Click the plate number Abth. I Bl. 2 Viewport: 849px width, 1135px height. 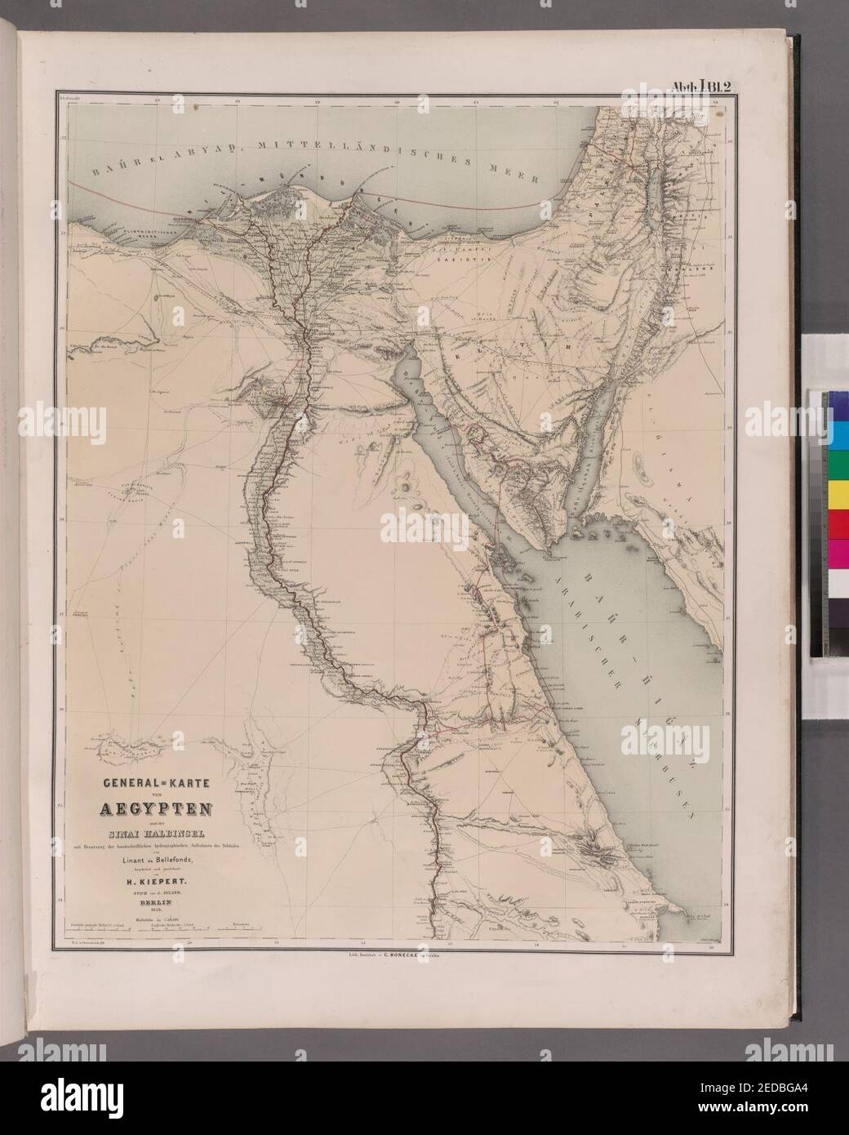tap(705, 85)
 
